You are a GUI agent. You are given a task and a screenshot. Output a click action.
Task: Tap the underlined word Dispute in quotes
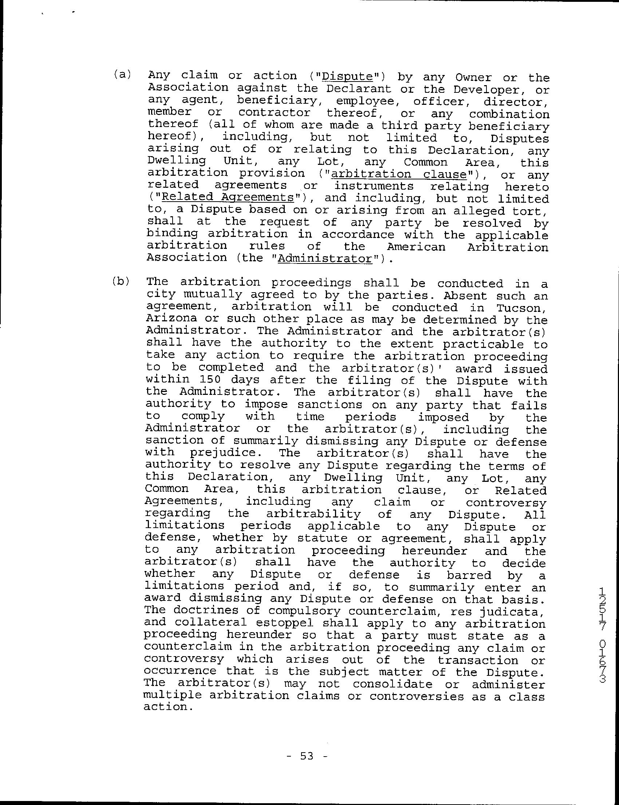pos(347,76)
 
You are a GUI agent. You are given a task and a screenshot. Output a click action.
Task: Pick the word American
pos(416,246)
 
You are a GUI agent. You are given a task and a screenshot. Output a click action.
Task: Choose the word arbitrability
pos(313,514)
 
